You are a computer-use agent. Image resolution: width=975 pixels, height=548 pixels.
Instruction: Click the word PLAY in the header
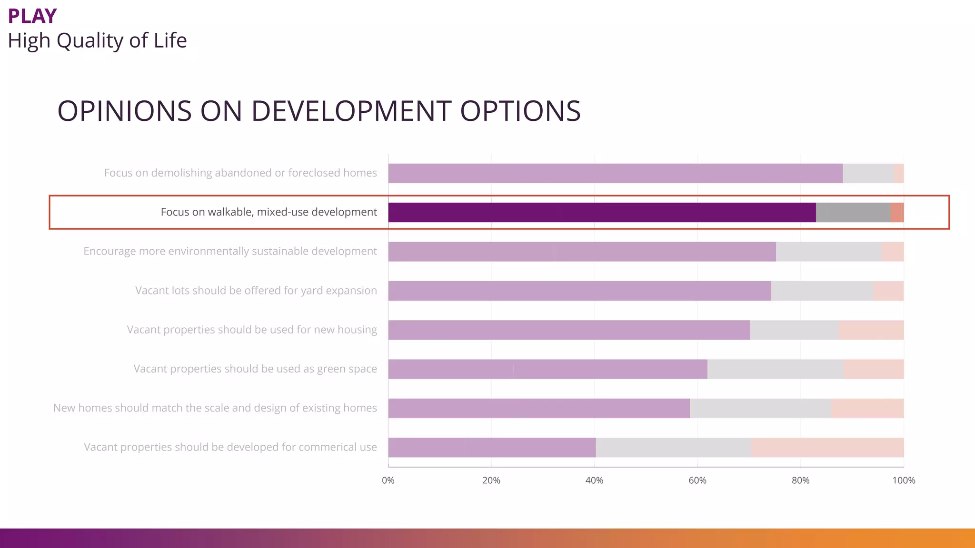coord(32,16)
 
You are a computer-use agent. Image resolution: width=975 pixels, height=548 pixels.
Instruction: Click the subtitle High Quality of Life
coord(97,40)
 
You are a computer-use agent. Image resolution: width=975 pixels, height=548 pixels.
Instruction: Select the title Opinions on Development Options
coord(318,111)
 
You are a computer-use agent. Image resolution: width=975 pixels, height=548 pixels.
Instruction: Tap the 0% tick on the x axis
coord(388,480)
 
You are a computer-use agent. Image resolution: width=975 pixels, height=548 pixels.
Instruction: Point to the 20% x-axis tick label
coord(491,480)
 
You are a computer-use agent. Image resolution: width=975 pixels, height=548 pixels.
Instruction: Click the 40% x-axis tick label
coord(594,480)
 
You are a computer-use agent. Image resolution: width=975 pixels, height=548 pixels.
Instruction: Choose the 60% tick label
coord(697,480)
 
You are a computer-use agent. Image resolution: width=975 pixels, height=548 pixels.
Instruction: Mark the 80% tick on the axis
coord(800,480)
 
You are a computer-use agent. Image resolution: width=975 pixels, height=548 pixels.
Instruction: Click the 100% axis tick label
coord(903,480)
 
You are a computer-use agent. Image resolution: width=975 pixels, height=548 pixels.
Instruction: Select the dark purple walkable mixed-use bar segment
coord(602,212)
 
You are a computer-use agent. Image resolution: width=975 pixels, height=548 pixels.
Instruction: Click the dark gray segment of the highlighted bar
coord(853,212)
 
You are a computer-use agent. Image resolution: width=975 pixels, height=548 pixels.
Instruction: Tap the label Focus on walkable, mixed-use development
coord(269,212)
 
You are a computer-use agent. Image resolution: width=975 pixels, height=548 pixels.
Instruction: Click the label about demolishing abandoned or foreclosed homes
coord(240,173)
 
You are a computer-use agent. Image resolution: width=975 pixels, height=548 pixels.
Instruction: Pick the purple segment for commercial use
coord(492,447)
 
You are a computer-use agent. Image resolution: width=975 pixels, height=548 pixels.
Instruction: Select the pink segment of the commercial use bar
coord(827,447)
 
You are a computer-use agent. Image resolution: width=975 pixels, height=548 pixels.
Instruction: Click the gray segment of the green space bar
coord(776,369)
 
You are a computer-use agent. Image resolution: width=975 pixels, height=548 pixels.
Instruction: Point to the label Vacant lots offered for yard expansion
coord(256,291)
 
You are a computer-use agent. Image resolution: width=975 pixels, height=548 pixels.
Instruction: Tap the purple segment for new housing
coord(569,330)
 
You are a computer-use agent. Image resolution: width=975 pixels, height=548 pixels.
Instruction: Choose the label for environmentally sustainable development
coord(230,251)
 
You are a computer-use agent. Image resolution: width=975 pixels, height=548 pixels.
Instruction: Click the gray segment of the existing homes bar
coord(761,408)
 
